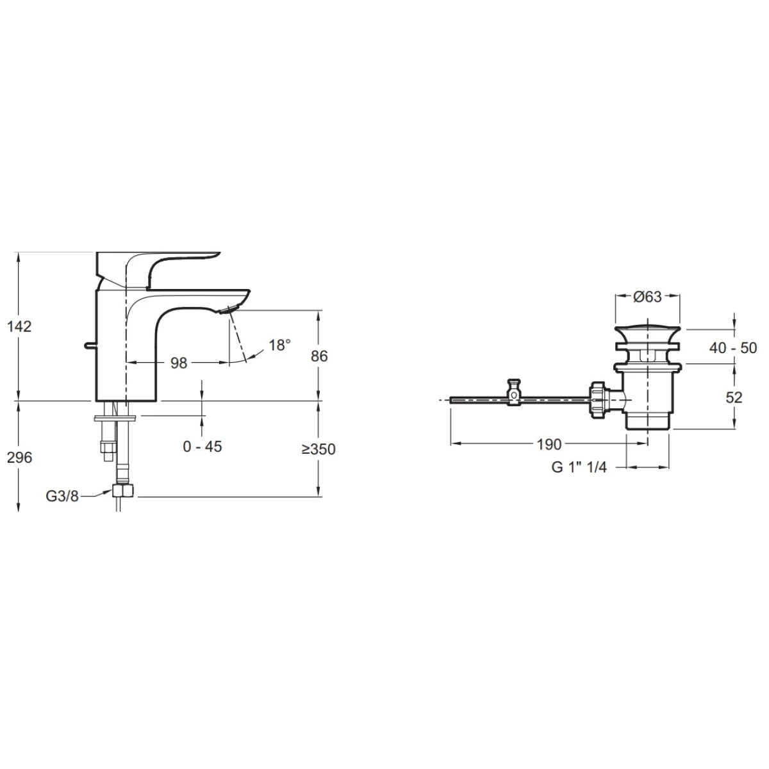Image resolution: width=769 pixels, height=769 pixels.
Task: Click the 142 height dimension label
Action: coord(19,327)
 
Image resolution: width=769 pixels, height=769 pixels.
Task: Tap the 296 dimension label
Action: coord(20,458)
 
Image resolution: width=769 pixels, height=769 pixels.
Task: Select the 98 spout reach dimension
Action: coord(178,363)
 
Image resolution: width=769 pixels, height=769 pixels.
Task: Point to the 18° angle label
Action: coord(279,345)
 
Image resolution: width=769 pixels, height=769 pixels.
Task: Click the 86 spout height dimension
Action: coord(319,356)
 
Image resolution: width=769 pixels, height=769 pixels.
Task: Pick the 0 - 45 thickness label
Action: coord(203,447)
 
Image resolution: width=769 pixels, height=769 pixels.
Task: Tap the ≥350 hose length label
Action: coord(318,449)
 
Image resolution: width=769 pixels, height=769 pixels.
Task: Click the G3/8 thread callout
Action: coord(62,497)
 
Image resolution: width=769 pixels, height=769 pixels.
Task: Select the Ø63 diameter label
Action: coord(647,297)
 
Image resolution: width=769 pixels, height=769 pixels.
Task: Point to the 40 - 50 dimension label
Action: coord(733,348)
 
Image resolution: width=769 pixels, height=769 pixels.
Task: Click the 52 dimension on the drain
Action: coord(734,397)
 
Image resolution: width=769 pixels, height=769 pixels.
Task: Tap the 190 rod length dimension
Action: coord(549,444)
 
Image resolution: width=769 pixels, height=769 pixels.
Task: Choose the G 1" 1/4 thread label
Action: coord(579,467)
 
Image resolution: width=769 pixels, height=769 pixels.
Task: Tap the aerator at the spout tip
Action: coord(229,310)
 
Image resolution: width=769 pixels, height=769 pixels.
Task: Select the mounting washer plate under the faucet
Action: coord(115,418)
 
